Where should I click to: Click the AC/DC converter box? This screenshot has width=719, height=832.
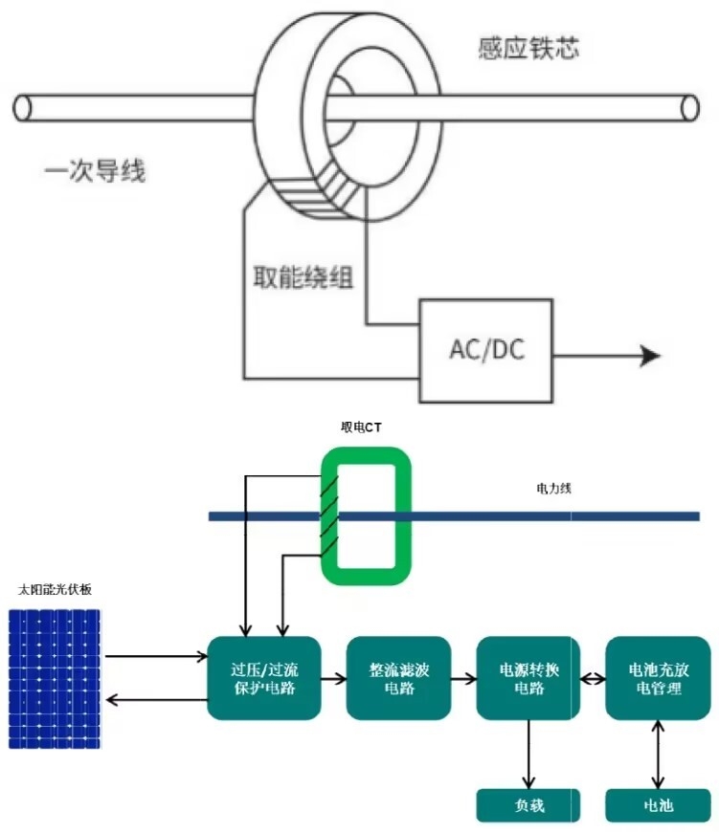[485, 349]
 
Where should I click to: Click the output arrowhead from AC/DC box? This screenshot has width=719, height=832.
[651, 357]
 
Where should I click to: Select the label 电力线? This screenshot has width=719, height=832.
[553, 489]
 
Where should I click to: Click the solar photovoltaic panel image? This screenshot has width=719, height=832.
[56, 680]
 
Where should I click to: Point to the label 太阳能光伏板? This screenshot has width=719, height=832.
[55, 590]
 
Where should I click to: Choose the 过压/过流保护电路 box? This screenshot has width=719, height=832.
[263, 678]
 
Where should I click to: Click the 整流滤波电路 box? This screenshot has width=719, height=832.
[397, 678]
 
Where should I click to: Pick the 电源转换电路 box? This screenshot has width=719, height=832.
[528, 678]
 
